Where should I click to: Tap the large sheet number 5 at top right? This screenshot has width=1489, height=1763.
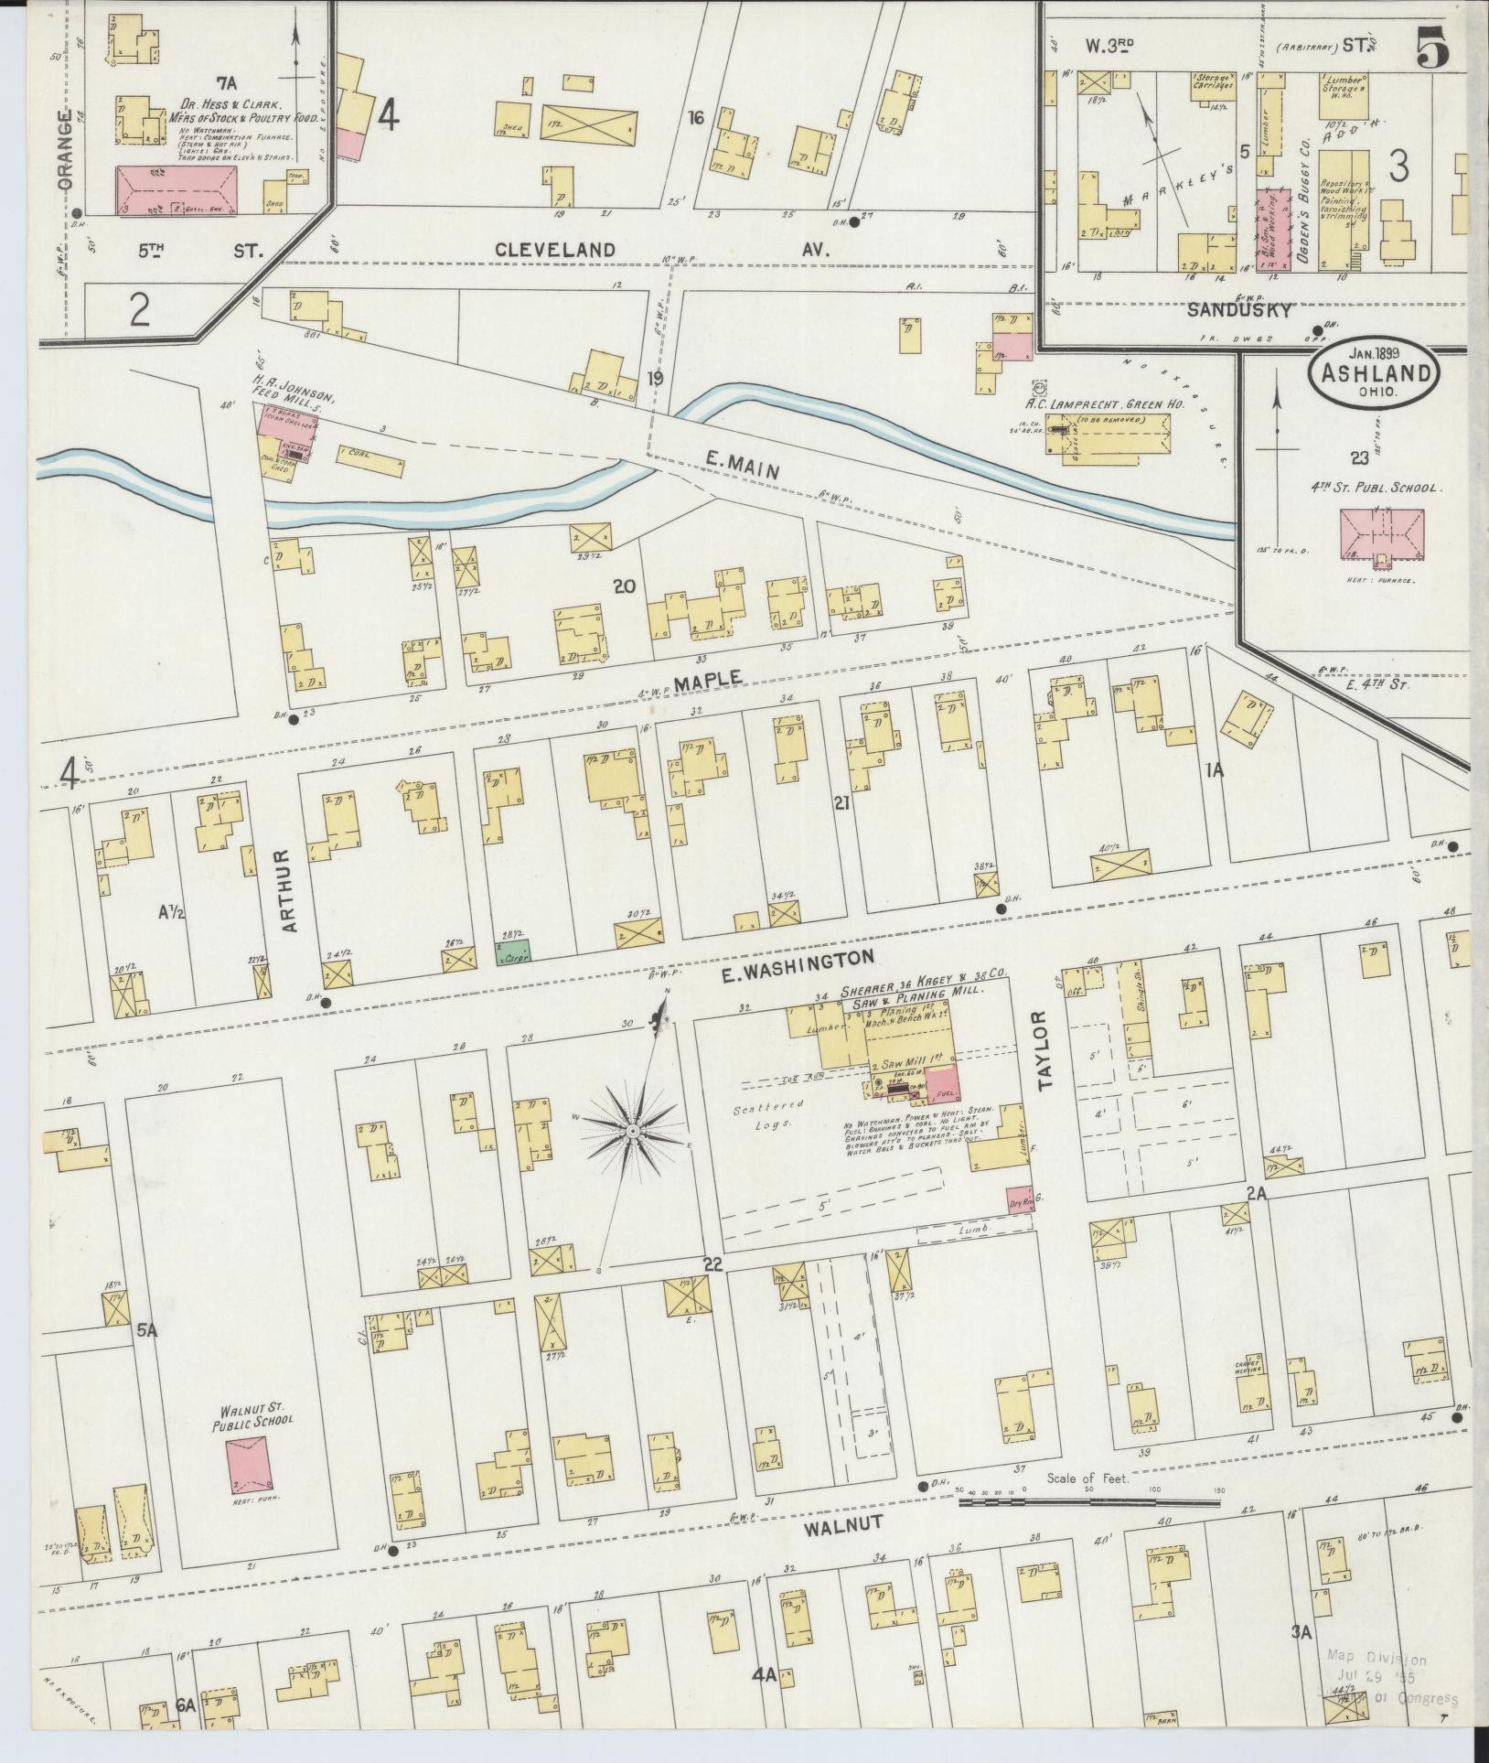point(1433,47)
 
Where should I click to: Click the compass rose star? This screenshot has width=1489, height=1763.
point(632,1133)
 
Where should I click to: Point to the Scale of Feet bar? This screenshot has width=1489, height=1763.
point(1088,1501)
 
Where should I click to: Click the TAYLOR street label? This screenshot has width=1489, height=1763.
point(1046,1051)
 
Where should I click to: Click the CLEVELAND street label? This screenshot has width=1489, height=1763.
point(555,249)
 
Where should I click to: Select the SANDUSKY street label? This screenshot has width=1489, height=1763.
point(1239,309)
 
